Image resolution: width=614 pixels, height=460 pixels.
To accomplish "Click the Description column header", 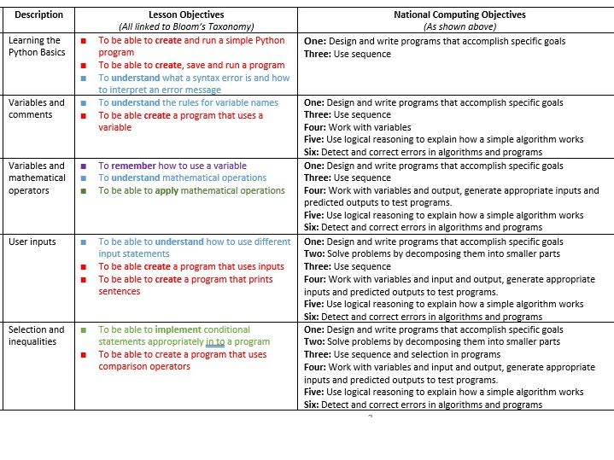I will (x=38, y=15).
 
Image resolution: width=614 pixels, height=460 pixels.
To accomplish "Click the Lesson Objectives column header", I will (x=186, y=15).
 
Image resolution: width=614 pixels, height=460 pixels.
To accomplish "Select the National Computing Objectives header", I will (x=459, y=15).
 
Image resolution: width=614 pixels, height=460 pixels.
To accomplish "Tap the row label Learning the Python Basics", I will (x=34, y=46).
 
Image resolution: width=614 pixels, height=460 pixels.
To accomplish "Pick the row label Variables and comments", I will (x=36, y=108).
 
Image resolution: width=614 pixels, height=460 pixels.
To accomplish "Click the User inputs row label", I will (x=32, y=242).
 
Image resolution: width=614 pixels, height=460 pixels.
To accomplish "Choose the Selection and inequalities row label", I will (x=36, y=335).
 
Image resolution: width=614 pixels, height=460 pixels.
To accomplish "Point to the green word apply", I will (x=172, y=190).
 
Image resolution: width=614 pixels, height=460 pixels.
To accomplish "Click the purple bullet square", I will (x=83, y=166).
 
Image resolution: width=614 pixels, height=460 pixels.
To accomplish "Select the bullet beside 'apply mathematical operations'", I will (x=83, y=190).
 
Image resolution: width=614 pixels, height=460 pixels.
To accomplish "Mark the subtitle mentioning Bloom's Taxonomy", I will (x=186, y=26).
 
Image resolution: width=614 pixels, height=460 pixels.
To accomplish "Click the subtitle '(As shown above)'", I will (x=459, y=26).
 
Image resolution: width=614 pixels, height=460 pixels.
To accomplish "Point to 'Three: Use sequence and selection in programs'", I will (x=402, y=354).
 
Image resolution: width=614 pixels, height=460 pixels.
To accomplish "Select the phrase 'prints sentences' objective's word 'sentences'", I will (x=120, y=291).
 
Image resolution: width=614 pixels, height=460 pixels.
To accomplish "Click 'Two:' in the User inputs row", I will (x=315, y=254).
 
